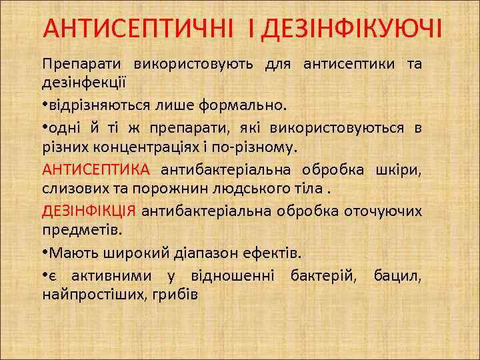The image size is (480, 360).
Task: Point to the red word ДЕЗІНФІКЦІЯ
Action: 89,211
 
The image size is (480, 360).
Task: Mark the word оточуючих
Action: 382,211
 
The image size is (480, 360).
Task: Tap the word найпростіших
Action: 91,294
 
